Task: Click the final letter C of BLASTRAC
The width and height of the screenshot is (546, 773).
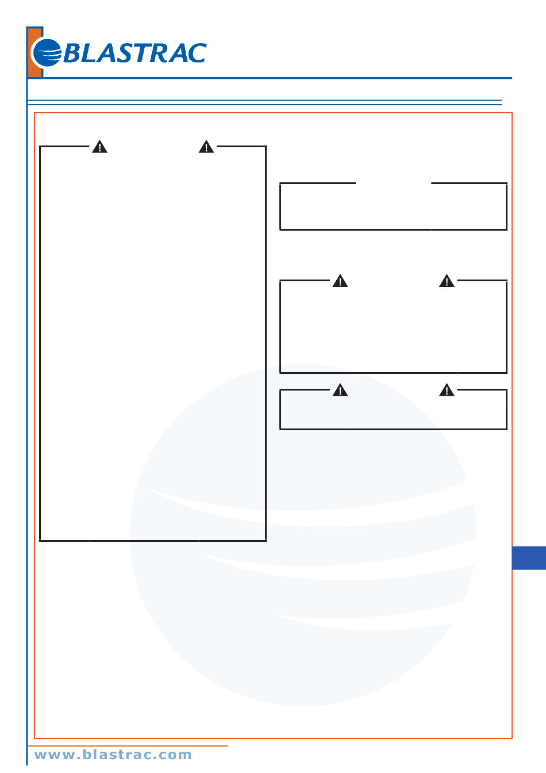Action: coord(196,53)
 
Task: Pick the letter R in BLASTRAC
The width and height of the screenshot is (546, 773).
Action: coord(159,53)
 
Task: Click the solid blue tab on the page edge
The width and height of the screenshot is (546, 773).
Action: coord(529,558)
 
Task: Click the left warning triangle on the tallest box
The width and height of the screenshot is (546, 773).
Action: coord(100,147)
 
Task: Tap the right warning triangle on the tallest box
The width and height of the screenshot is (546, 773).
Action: coord(206,147)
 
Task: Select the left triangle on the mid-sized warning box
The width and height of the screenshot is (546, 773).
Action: coord(340,281)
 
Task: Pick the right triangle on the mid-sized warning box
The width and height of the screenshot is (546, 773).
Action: coord(447,281)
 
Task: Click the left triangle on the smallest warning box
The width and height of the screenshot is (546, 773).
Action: coord(340,391)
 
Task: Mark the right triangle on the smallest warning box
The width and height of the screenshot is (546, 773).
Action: coord(447,391)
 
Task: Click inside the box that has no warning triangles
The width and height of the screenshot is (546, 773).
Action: coord(393,208)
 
